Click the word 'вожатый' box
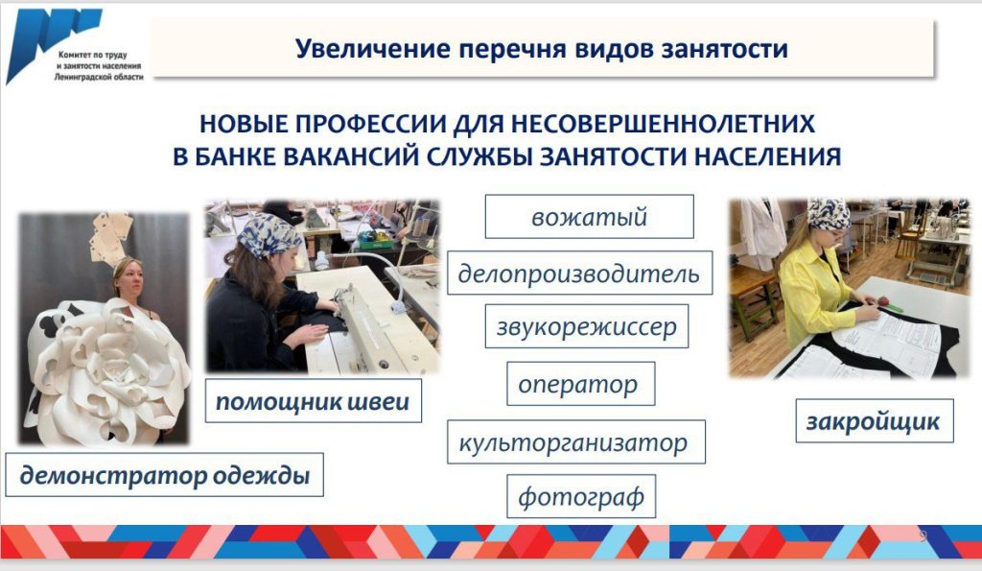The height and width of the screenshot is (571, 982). (590, 217)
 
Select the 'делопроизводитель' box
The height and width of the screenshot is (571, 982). (579, 274)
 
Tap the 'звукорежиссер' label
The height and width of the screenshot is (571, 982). (587, 326)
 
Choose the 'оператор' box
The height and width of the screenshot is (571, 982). (580, 384)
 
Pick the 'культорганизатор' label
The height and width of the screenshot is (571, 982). (576, 441)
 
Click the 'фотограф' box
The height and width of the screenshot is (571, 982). (581, 496)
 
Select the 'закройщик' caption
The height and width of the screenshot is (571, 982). (875, 421)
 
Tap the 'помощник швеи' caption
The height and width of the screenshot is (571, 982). (314, 400)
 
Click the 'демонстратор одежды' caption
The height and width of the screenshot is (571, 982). (165, 475)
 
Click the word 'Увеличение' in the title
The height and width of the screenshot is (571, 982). (373, 48)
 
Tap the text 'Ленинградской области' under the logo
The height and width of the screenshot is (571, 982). (99, 77)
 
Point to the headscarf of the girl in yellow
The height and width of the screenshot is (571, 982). (829, 214)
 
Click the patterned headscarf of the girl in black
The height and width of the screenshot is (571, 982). (269, 234)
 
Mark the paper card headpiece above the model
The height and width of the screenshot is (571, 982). (111, 239)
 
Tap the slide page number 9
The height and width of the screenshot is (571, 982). (923, 535)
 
